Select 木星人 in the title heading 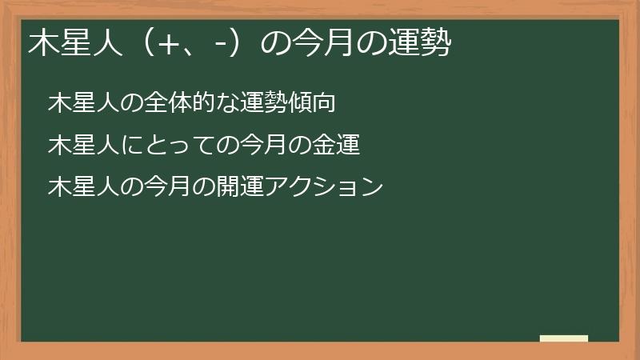[67, 43]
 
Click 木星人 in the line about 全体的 [78, 104]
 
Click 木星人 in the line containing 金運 [78, 146]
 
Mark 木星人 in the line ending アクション [78, 187]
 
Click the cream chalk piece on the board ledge [563, 338]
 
